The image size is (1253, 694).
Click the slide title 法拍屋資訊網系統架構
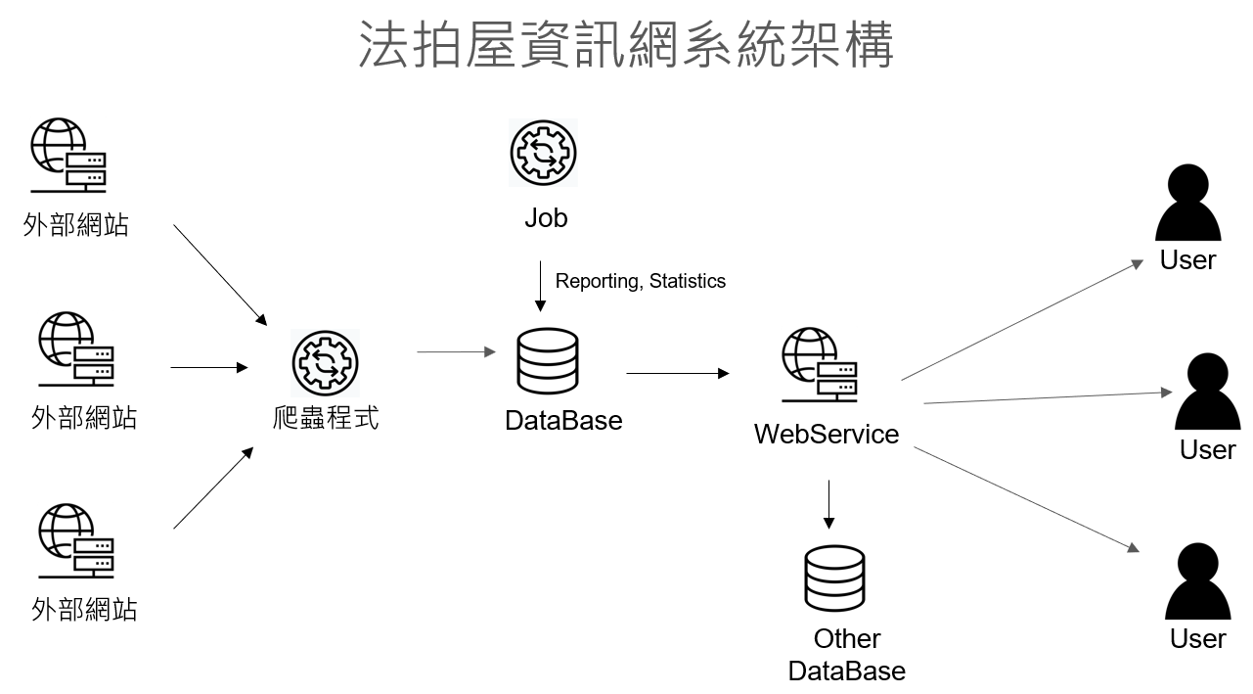(x=626, y=45)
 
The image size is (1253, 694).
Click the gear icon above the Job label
(x=544, y=153)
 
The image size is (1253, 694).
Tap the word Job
(x=546, y=217)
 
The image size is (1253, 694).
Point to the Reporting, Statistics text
(x=641, y=281)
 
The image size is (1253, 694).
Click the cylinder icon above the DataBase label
(x=547, y=361)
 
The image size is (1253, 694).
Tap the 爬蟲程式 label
(x=326, y=418)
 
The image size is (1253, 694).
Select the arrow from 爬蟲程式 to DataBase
(x=456, y=351)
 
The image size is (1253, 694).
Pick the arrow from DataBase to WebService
(x=677, y=373)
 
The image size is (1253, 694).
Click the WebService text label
(x=827, y=434)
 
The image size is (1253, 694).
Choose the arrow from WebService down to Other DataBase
(x=828, y=503)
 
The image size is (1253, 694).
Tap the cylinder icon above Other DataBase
(x=834, y=578)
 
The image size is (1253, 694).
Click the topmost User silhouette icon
(x=1187, y=204)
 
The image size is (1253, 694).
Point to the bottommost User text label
(x=1197, y=638)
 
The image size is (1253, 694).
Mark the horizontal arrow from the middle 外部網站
(x=209, y=368)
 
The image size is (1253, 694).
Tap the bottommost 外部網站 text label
(x=84, y=609)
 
